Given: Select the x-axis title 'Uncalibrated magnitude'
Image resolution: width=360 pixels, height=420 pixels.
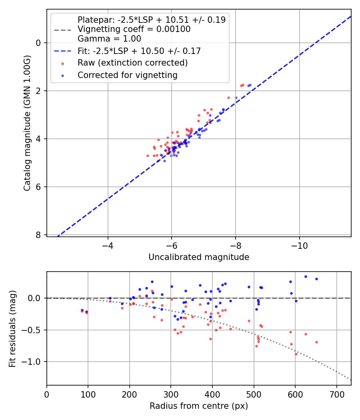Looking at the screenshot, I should tap(199, 257).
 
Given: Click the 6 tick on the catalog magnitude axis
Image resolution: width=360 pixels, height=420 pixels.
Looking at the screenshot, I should tap(38, 187).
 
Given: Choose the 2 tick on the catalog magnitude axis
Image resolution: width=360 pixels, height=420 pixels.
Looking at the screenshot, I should tap(38, 91).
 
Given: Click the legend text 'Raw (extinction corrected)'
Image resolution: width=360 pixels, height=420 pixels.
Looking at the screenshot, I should tap(132, 63).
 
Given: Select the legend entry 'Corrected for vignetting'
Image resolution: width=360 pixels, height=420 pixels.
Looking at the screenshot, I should tap(127, 75).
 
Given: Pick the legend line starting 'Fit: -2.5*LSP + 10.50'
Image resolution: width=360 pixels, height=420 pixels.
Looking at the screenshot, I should tap(139, 51).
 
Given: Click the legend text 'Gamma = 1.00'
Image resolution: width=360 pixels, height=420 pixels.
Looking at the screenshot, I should tap(109, 39).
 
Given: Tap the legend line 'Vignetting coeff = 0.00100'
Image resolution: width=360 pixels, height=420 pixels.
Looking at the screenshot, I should tap(134, 29).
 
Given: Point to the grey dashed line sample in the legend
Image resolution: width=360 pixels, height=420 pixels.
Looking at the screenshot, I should tap(62, 30).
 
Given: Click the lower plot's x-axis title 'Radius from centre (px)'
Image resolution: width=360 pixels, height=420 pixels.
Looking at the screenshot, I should tap(199, 406).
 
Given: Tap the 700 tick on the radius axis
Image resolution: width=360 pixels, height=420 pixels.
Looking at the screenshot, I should tap(336, 394).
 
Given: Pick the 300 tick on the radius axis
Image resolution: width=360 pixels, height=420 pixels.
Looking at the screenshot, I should tap(171, 394).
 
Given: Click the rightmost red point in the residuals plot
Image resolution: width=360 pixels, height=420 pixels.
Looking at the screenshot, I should tap(316, 342).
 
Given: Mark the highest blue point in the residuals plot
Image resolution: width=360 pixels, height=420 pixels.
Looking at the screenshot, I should tap(306, 276).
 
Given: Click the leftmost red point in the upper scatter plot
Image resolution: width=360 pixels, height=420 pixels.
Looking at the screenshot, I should tap(148, 156).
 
